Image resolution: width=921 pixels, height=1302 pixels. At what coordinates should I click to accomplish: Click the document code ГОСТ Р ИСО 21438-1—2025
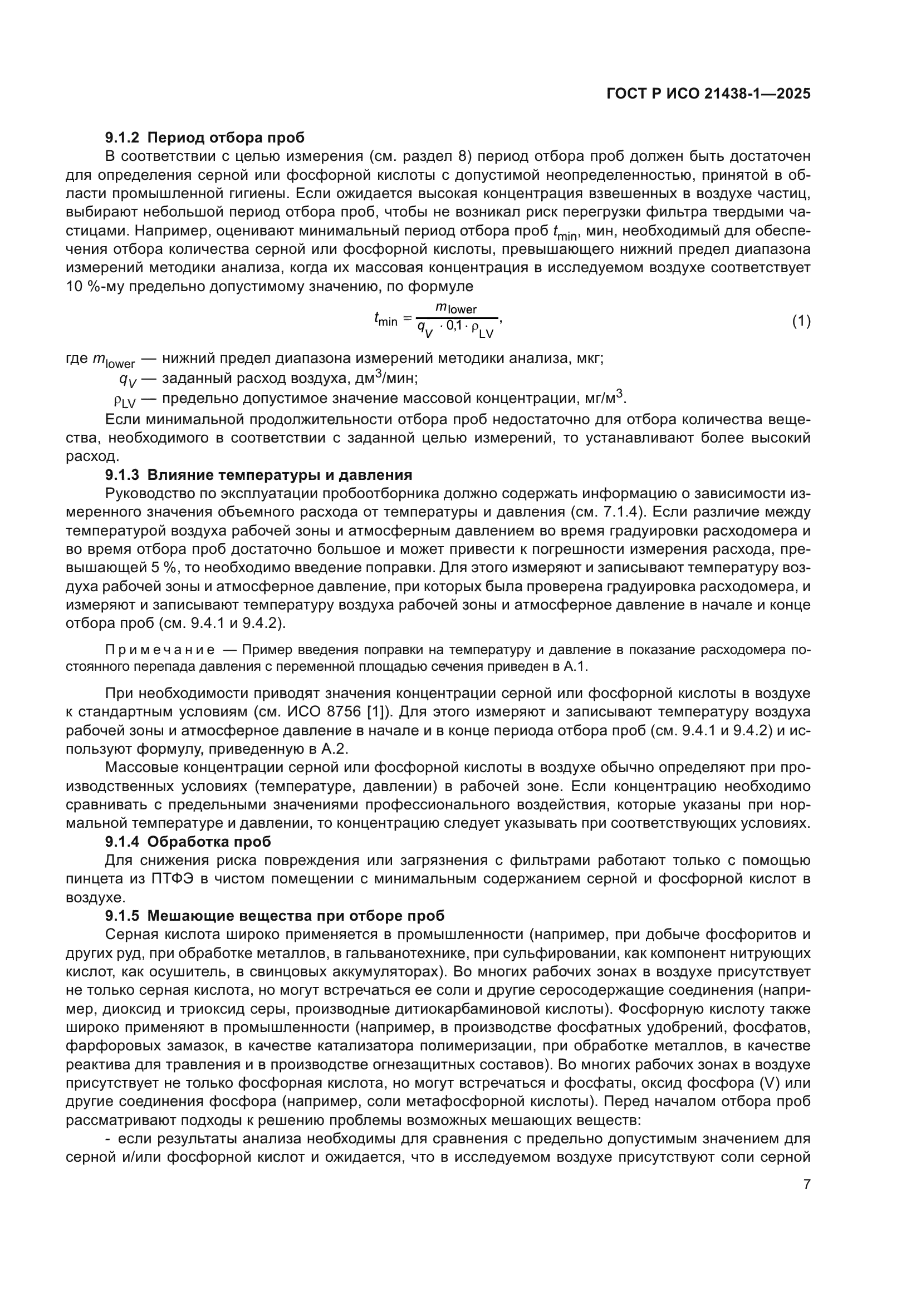pyautogui.click(x=708, y=94)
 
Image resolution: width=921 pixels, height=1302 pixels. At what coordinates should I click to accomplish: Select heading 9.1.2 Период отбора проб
pyautogui.click(x=205, y=137)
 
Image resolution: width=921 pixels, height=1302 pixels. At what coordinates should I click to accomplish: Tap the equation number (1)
pyautogui.click(x=801, y=322)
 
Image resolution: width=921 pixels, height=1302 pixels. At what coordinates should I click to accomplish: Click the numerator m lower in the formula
pyautogui.click(x=456, y=308)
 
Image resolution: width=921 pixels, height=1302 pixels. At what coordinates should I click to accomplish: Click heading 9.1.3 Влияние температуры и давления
pyautogui.click(x=258, y=475)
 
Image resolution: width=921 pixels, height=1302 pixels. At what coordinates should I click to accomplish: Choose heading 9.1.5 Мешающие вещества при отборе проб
pyautogui.click(x=275, y=916)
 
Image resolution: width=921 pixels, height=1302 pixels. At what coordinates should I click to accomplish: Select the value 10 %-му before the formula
pyautogui.click(x=95, y=286)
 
